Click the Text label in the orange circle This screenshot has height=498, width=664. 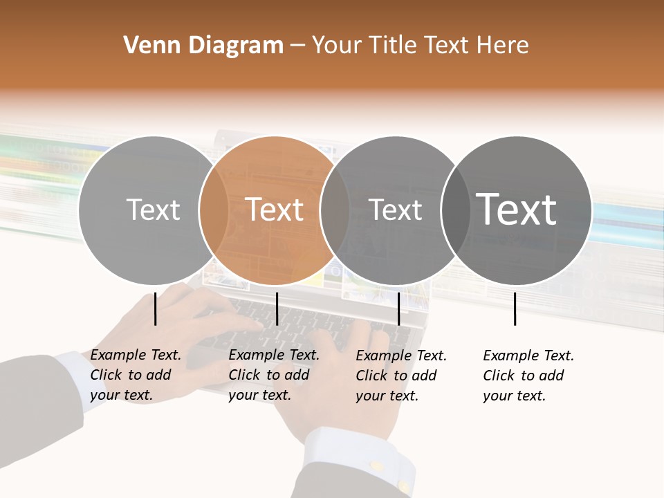tap(275, 210)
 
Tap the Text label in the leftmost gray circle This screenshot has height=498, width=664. tap(153, 210)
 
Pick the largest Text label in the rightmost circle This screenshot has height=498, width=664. tap(517, 209)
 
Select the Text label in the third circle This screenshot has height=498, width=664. tap(396, 210)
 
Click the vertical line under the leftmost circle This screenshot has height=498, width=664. tap(155, 308)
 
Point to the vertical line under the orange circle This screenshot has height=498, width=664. tap(277, 308)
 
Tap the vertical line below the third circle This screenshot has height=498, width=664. tap(398, 308)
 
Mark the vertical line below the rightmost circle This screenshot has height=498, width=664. tap(515, 308)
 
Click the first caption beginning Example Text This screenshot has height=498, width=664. tap(136, 375)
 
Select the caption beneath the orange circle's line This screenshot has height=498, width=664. tap(274, 375)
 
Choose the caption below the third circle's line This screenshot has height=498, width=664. tap(401, 376)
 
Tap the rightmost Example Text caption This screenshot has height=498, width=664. tap(528, 376)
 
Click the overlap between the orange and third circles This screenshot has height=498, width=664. tap(335, 210)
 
